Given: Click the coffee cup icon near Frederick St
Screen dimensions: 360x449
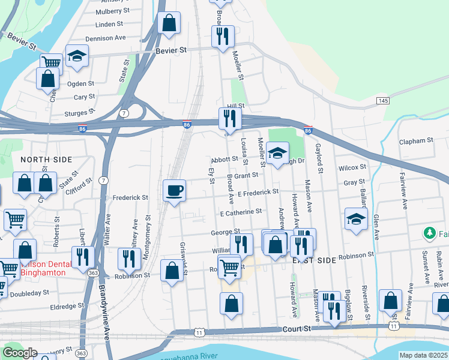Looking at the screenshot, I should pos(174,191).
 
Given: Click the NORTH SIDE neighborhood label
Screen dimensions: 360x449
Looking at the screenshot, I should pos(46,160).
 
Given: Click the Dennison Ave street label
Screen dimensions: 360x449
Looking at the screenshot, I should pos(105,37).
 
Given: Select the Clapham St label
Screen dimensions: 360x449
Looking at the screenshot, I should pos(416,140).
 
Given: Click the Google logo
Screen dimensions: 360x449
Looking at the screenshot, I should pos(20,353).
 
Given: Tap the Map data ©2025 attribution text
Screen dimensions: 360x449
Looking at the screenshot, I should pos(423,355).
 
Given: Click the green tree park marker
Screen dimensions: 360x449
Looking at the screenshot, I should pos(429,233).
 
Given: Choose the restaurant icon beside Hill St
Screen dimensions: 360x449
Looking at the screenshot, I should pos(229,118).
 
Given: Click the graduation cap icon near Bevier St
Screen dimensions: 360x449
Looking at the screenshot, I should pos(76,56).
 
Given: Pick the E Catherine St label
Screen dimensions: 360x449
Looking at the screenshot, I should pos(240,212).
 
